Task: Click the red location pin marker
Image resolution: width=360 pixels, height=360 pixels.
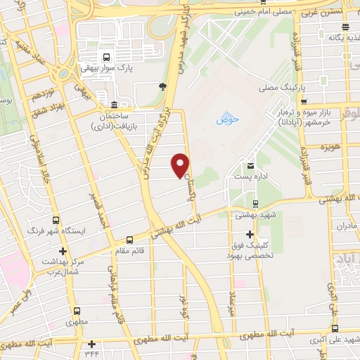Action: (181, 165)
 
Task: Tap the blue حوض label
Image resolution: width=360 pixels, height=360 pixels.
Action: (228, 119)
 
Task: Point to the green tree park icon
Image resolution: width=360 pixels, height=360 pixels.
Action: (162, 86)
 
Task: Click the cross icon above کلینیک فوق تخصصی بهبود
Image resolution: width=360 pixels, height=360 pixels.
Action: (250, 234)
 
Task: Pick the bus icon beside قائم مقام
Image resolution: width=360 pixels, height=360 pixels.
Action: (128, 239)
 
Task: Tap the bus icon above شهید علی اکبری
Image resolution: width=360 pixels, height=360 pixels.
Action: (334, 328)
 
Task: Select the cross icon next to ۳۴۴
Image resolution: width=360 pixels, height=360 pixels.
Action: (91, 344)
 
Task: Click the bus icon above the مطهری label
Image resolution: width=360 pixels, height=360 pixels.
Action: (77, 310)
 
